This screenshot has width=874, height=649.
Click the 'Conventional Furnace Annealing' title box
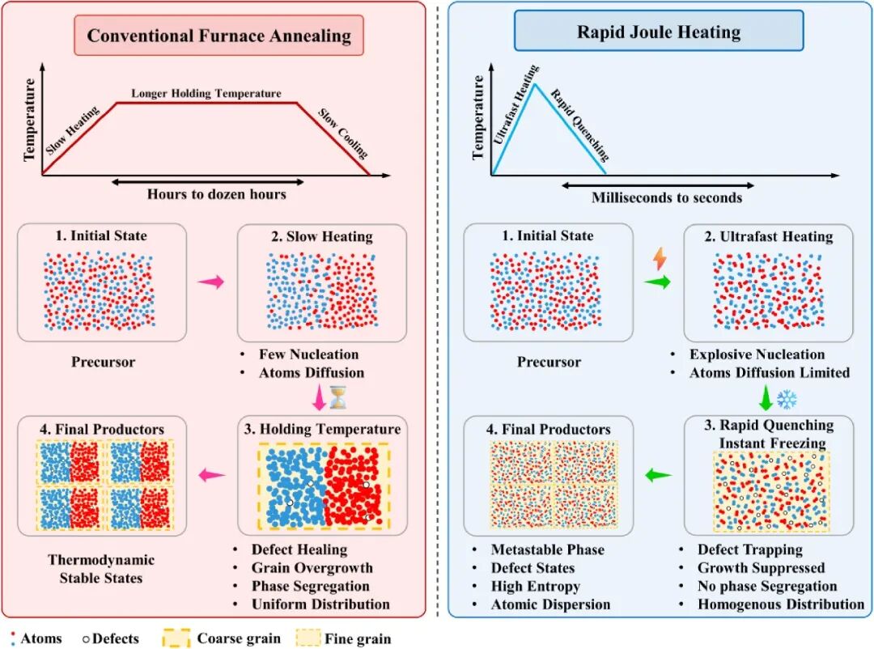tap(219, 36)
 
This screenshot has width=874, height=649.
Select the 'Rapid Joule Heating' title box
tap(659, 32)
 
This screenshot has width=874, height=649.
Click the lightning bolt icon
tap(660, 259)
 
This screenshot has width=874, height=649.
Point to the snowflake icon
tap(786, 398)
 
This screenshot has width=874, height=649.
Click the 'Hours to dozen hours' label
tap(216, 194)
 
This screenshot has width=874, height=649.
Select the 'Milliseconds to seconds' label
tap(667, 197)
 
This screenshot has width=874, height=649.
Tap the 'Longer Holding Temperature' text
tap(206, 94)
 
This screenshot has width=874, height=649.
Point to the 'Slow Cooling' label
tap(342, 134)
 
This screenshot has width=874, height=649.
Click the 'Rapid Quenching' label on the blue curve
tap(579, 124)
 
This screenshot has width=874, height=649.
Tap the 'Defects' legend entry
tap(111, 638)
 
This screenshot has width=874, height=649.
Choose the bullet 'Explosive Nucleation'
tap(757, 354)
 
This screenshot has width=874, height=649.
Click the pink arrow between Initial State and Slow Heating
tap(210, 282)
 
